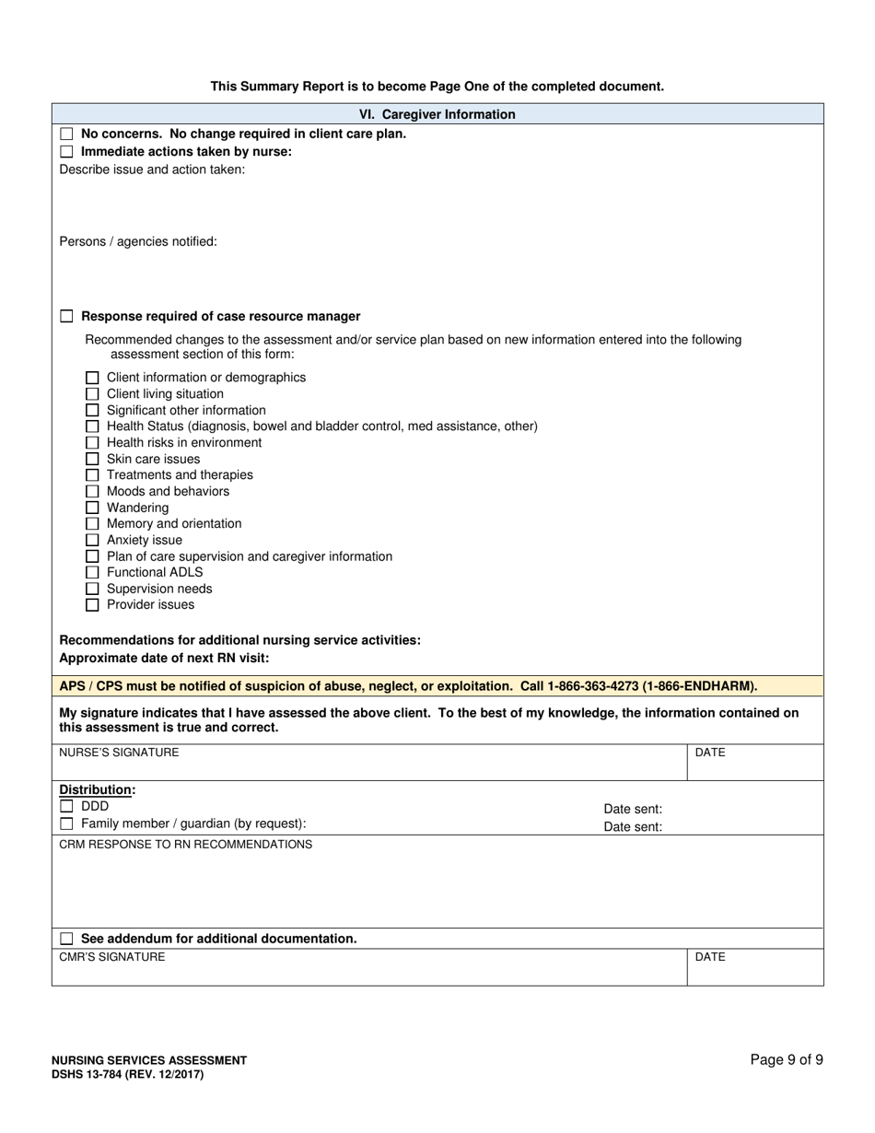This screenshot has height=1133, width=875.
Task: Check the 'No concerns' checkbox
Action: (x=66, y=134)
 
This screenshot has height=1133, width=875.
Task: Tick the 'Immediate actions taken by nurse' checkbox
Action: (x=66, y=152)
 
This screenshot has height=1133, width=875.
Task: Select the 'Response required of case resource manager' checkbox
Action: (x=66, y=317)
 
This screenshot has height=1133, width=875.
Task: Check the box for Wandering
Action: (x=92, y=508)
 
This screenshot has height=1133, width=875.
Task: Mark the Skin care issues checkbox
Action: (x=92, y=459)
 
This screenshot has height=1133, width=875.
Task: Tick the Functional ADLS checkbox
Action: (x=92, y=573)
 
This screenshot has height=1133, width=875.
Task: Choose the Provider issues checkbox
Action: (x=92, y=605)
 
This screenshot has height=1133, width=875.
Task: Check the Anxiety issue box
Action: (x=92, y=541)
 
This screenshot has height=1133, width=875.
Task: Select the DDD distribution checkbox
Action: (x=66, y=807)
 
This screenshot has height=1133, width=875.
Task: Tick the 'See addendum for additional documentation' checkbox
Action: (x=66, y=939)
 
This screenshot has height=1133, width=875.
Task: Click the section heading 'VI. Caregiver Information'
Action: (x=437, y=114)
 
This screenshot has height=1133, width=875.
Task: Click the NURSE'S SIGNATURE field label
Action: (x=119, y=753)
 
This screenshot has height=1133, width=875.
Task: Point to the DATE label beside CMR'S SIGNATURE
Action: (x=710, y=957)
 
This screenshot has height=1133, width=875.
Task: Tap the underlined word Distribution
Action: (x=97, y=790)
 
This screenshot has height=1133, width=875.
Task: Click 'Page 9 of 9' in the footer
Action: (x=787, y=1060)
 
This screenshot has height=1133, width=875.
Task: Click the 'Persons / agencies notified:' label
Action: (x=138, y=241)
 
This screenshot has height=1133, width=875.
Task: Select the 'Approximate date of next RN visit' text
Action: (x=164, y=658)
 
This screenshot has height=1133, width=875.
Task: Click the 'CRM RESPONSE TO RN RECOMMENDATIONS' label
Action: (x=185, y=845)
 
